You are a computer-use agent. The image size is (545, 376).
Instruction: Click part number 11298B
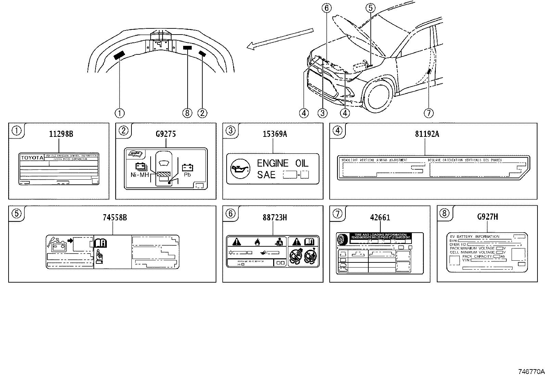[61, 134]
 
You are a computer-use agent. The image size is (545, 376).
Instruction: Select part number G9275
[166, 134]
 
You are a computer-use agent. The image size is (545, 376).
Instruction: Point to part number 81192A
[427, 134]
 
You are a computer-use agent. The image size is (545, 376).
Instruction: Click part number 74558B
[115, 218]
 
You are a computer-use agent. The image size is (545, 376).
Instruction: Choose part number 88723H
[275, 218]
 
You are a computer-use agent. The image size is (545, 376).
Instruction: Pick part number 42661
[380, 218]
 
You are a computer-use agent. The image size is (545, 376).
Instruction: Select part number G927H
[487, 217]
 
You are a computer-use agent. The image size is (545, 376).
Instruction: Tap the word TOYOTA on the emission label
[33, 158]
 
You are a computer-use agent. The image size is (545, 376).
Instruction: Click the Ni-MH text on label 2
[139, 175]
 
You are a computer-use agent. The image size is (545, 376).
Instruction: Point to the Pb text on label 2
[187, 174]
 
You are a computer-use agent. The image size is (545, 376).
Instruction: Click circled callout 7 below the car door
[429, 113]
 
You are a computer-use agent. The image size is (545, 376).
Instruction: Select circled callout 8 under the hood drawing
[188, 113]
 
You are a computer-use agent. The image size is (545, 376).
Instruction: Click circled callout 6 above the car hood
[327, 8]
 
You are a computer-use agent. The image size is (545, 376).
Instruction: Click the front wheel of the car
[378, 94]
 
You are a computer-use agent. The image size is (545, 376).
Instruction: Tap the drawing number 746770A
[530, 371]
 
